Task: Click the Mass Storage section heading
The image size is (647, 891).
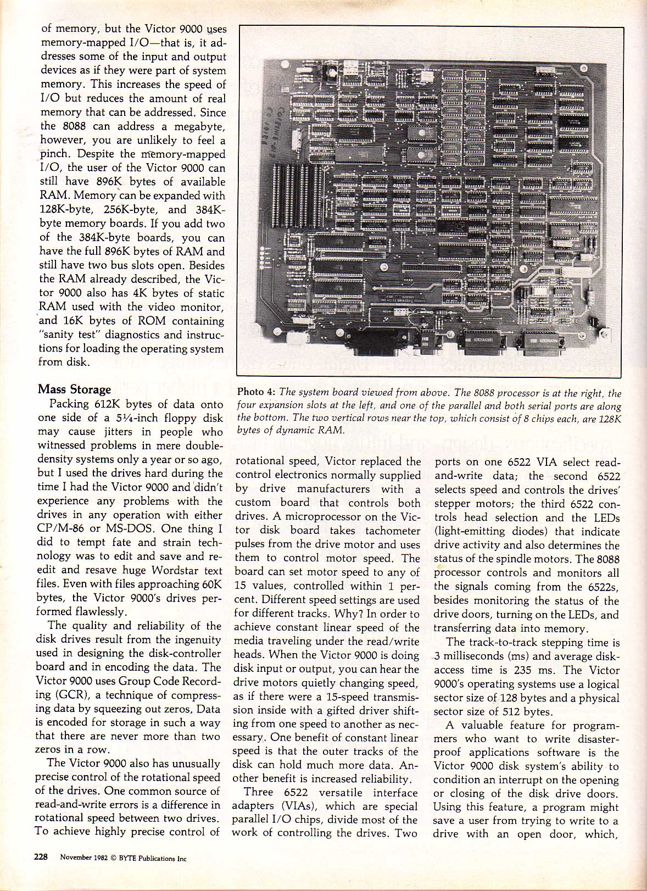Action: pyautogui.click(x=74, y=389)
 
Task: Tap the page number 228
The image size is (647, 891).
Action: pyautogui.click(x=42, y=856)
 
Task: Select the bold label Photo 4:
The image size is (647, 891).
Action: pyautogui.click(x=256, y=392)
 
